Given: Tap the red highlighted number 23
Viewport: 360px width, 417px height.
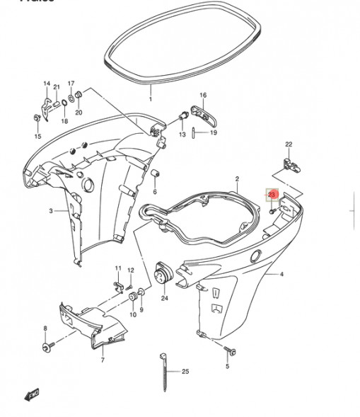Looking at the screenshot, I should pyautogui.click(x=272, y=194).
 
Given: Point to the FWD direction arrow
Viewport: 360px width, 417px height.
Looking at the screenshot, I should pyautogui.click(x=31, y=393).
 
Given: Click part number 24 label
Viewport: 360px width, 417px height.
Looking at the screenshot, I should pyautogui.click(x=164, y=298).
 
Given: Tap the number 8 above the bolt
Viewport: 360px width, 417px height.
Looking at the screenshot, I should pyautogui.click(x=46, y=329).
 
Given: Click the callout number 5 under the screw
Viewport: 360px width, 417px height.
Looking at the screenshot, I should pyautogui.click(x=228, y=367).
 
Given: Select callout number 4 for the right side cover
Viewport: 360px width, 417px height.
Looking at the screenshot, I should pyautogui.click(x=281, y=274).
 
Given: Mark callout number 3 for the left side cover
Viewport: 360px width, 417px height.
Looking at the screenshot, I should pyautogui.click(x=51, y=211).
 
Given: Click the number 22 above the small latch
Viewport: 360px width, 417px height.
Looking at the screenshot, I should pyautogui.click(x=288, y=144).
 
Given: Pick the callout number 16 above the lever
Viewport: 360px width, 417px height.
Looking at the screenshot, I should pyautogui.click(x=203, y=95).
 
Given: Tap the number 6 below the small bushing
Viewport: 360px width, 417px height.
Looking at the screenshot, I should pyautogui.click(x=155, y=191).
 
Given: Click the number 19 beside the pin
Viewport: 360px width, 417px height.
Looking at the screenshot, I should pyautogui.click(x=214, y=133).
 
